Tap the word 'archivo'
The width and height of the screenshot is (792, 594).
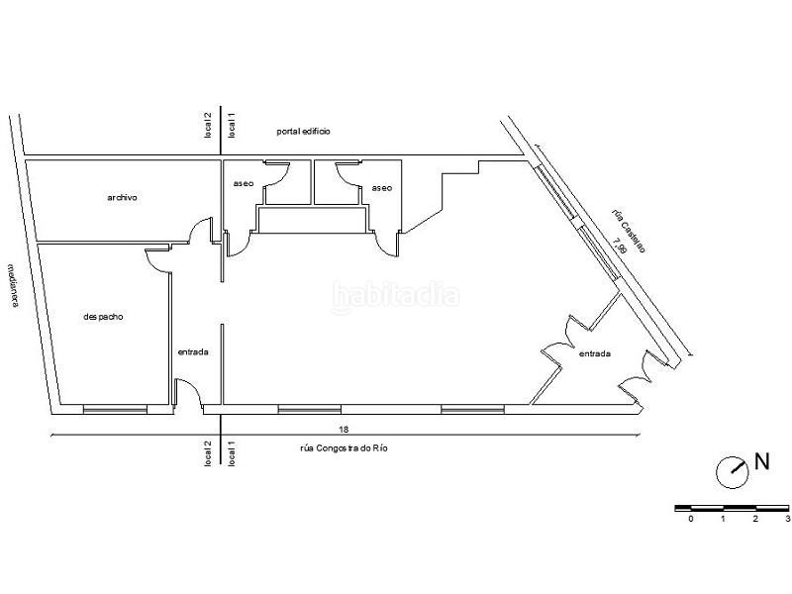122,197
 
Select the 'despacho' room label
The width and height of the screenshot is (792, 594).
103,317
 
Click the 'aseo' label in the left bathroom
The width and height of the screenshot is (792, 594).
243,184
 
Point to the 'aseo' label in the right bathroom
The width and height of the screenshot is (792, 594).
382,187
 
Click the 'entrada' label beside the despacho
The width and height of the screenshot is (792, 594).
193,352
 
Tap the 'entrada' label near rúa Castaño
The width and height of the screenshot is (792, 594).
594,353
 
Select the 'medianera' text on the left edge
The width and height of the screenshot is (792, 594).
14,285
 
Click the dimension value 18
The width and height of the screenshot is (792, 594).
343,430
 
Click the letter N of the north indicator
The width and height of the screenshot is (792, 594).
762,460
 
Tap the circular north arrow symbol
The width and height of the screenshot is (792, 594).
733,470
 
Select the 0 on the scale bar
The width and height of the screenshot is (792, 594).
691,518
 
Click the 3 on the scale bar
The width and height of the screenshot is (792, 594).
787,518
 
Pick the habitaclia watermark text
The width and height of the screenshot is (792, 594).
396,294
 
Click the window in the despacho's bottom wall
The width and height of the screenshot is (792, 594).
115,408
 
